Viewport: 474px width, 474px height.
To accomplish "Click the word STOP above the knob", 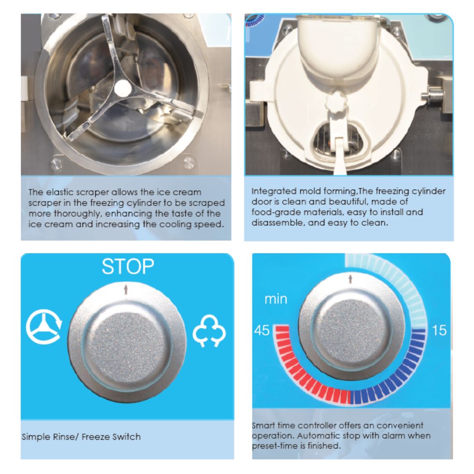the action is pos(128,266).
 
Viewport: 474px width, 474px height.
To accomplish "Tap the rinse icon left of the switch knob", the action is pos(44,327).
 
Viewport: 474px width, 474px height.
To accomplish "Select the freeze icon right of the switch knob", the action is pos(209,331).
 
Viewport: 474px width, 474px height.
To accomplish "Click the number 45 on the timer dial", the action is pos(262,330).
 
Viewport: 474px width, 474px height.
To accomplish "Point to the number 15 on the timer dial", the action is pos(439,330).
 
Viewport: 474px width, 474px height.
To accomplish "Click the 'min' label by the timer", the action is pos(276,299).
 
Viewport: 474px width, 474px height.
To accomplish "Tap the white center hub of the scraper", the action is pos(123,88).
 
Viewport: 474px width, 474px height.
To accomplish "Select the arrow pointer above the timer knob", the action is pos(350,279).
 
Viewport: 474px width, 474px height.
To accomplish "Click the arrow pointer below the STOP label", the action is pos(126,290).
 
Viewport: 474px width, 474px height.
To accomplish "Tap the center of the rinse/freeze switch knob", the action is pos(127,343).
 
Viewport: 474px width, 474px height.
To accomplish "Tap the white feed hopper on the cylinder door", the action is pos(338,45).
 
